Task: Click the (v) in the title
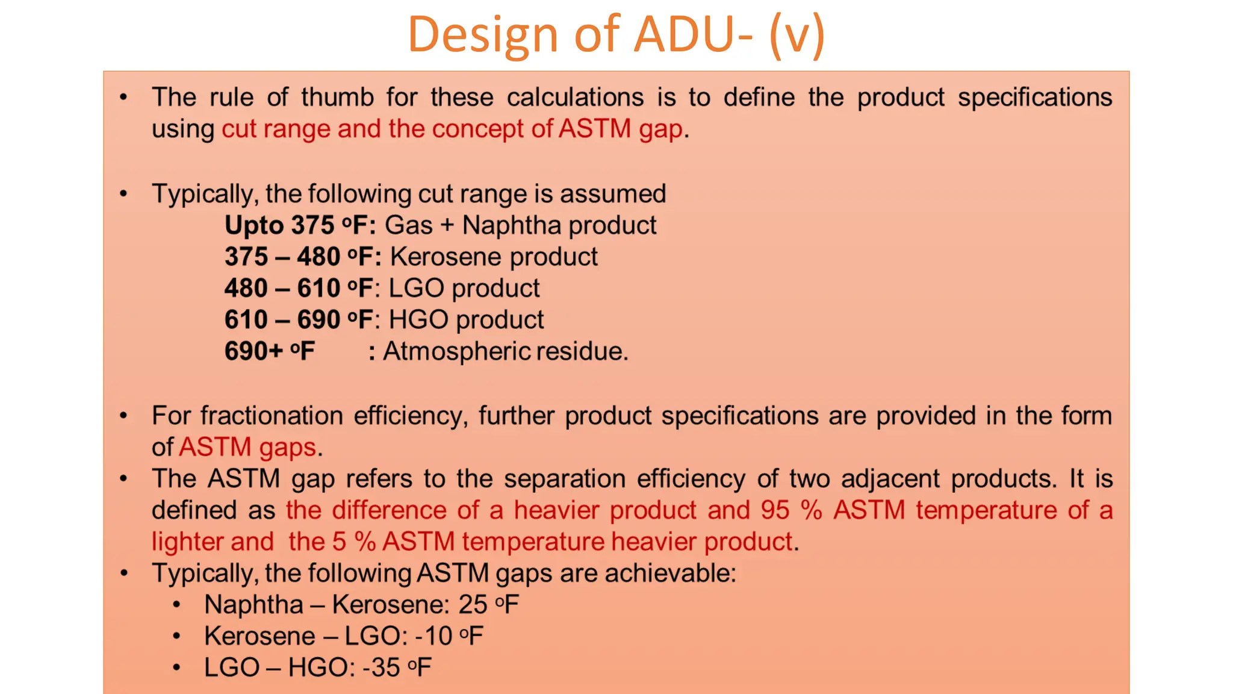[796, 35]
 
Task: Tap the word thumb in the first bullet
[338, 98]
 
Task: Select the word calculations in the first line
[575, 98]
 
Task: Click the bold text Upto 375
[279, 226]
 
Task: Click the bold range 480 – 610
[282, 289]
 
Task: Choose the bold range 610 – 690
[282, 320]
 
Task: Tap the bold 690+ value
[253, 351]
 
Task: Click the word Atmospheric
[458, 351]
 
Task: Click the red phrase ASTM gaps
[247, 448]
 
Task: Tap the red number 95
[774, 510]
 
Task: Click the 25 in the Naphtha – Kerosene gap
[473, 605]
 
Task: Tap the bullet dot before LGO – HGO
[176, 667]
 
